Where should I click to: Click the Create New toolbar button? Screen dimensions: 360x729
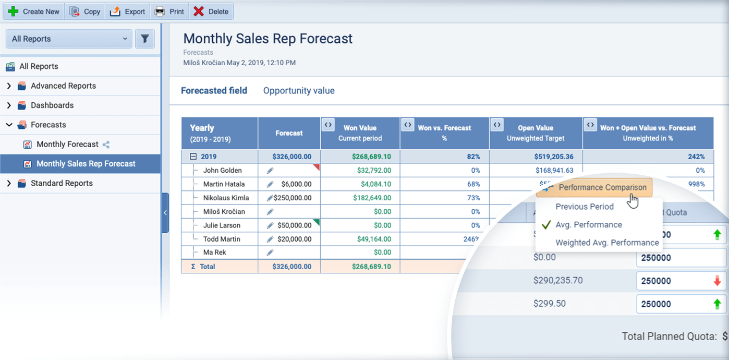pyautogui.click(x=34, y=11)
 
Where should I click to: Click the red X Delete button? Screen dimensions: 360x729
pyautogui.click(x=211, y=11)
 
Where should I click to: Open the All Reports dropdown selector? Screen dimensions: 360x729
pyautogui.click(x=69, y=39)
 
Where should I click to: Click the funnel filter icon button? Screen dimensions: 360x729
pyautogui.click(x=145, y=39)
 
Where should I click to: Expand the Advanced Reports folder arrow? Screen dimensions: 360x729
pyautogui.click(x=9, y=86)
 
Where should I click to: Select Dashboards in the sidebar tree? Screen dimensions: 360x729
pyautogui.click(x=52, y=105)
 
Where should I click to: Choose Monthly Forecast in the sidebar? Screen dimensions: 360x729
pyautogui.click(x=67, y=145)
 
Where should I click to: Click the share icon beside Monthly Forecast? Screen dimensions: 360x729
pyautogui.click(x=106, y=145)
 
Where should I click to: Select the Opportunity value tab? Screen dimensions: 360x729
pyautogui.click(x=299, y=91)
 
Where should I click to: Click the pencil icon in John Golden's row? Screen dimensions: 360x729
pyautogui.click(x=270, y=171)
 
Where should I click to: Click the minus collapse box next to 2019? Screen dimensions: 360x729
pyautogui.click(x=193, y=157)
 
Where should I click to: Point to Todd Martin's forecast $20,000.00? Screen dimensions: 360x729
pyautogui.click(x=296, y=239)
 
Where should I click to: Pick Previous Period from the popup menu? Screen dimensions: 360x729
pyautogui.click(x=584, y=207)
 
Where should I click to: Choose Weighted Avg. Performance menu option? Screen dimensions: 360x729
pyautogui.click(x=607, y=243)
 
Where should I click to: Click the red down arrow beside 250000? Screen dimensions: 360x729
pyautogui.click(x=717, y=281)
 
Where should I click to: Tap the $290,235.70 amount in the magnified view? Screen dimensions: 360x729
pyautogui.click(x=558, y=281)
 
